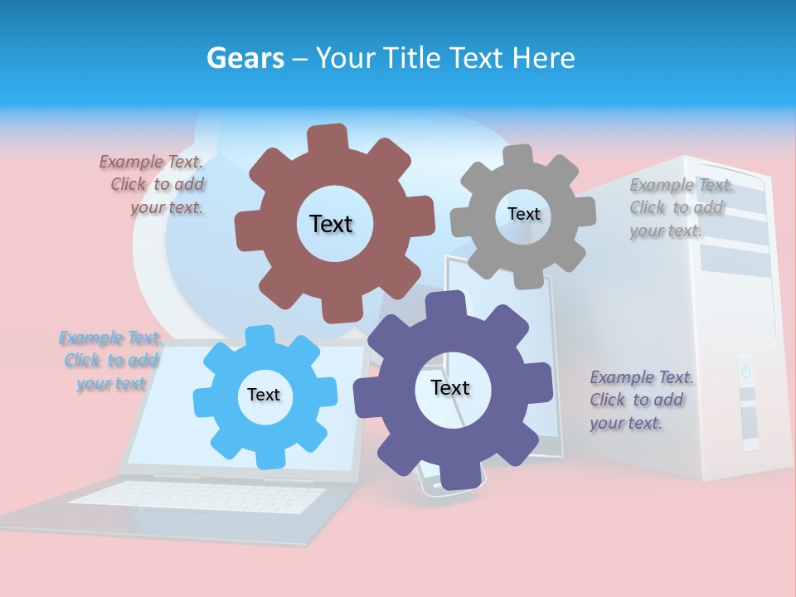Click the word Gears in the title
[245, 59]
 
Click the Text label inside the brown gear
[331, 224]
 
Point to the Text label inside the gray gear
[523, 214]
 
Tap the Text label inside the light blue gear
[264, 395]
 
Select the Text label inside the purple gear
[450, 387]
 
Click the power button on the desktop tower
[745, 371]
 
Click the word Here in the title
[543, 58]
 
